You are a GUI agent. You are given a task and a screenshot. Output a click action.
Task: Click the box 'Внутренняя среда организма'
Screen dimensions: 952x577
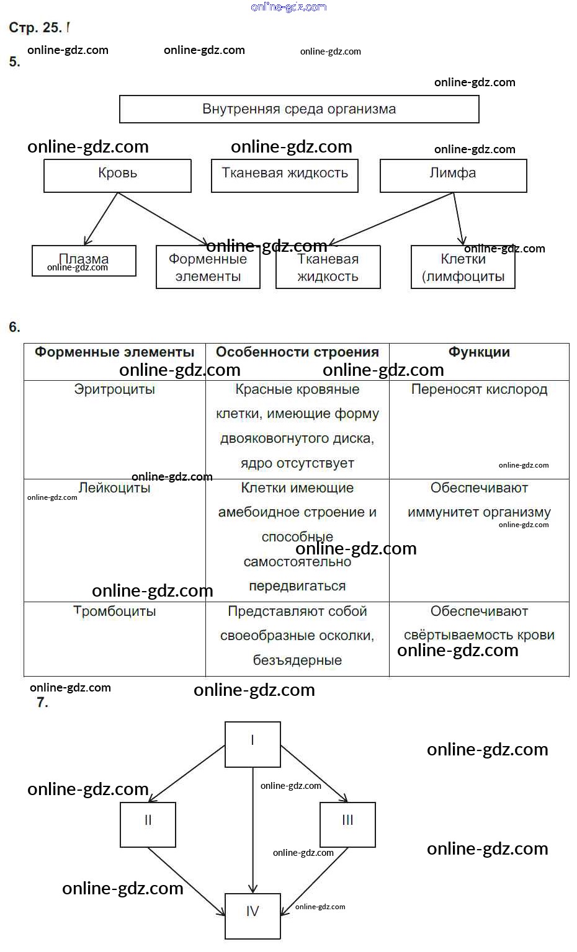(x=298, y=109)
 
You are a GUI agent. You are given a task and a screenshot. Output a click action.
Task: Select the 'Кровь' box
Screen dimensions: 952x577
(x=117, y=176)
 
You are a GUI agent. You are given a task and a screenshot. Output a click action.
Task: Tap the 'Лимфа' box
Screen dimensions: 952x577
(x=453, y=176)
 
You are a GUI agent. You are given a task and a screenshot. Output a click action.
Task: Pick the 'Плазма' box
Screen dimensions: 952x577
(x=84, y=260)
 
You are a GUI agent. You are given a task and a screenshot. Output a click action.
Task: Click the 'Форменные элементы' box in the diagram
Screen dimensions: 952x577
(x=208, y=268)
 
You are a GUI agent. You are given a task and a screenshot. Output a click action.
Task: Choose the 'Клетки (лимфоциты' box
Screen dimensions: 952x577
(x=463, y=268)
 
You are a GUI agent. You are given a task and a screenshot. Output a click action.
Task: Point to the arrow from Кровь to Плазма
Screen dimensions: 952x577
(x=101, y=218)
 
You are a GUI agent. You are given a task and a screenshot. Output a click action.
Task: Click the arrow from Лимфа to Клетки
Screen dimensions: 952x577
(x=458, y=218)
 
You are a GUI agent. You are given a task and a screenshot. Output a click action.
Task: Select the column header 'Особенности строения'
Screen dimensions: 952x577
(x=297, y=352)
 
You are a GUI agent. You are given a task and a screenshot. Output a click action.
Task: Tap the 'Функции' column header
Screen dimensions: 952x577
(x=479, y=352)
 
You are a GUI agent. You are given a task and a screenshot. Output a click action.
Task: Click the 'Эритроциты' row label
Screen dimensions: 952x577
(x=114, y=389)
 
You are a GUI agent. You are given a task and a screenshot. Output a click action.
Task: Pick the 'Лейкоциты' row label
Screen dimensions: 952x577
(x=114, y=488)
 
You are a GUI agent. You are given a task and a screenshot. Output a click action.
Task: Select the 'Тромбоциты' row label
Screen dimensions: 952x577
(x=114, y=612)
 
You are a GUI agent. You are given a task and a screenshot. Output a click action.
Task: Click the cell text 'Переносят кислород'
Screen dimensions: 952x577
(x=479, y=389)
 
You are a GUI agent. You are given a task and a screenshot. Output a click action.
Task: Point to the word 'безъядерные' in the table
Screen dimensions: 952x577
(x=297, y=661)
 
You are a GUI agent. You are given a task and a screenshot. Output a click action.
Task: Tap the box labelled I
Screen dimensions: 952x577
(x=253, y=744)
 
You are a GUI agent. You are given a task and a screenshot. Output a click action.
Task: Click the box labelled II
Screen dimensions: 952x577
(x=148, y=824)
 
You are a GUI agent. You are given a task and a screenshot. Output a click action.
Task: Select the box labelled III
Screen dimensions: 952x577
(x=347, y=824)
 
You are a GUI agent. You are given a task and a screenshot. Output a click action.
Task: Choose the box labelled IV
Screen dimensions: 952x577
(x=253, y=916)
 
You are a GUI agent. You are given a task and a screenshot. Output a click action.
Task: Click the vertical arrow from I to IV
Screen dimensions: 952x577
(x=253, y=831)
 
